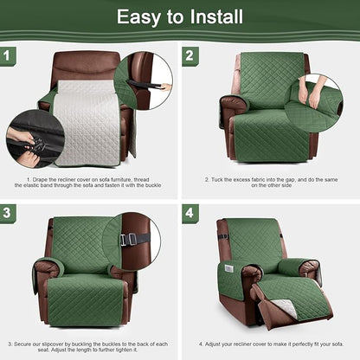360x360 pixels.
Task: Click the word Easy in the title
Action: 140,16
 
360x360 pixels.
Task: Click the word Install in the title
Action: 213,16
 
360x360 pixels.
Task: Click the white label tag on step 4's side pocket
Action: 228,267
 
